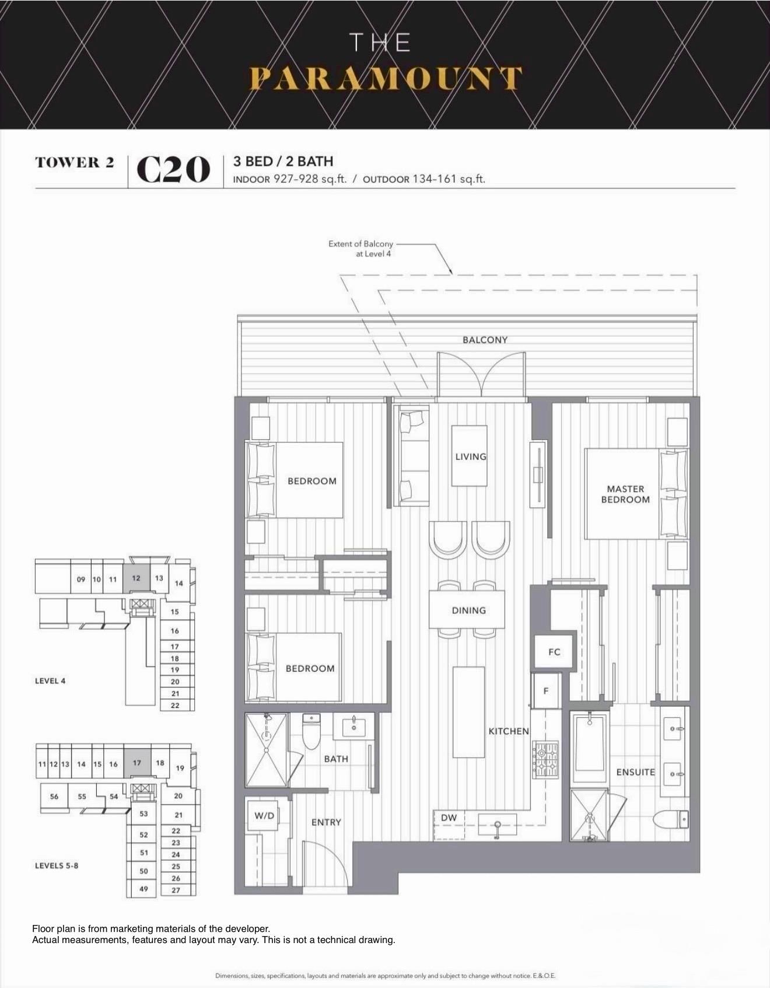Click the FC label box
(554, 652)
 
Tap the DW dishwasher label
(449, 818)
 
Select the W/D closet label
(264, 815)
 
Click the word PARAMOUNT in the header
(385, 79)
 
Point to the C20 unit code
(173, 170)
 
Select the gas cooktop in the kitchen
(545, 759)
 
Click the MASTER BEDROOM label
(625, 494)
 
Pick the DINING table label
(468, 610)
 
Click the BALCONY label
(485, 340)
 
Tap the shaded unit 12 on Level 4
(136, 578)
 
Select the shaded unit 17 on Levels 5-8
(137, 763)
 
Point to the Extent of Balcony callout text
(360, 249)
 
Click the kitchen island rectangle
(468, 712)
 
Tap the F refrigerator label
(546, 690)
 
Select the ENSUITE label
(635, 772)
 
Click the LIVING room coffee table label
(470, 456)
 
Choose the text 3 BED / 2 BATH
(283, 161)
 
